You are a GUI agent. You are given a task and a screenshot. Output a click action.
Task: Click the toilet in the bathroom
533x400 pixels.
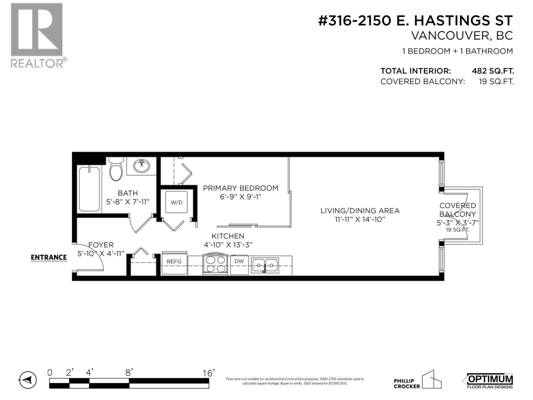pos(116,170)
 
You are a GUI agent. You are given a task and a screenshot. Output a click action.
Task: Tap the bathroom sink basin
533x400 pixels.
pos(142,166)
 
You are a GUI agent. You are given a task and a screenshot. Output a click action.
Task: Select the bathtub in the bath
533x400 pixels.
pos(89,189)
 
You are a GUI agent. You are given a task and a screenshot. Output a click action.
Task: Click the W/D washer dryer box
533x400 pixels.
pos(177,202)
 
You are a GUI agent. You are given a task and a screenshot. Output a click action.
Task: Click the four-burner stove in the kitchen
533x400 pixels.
pos(215,264)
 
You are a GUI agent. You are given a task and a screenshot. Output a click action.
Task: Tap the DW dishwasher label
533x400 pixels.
pos(239,261)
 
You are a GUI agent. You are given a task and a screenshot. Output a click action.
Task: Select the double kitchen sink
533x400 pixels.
pos(265,265)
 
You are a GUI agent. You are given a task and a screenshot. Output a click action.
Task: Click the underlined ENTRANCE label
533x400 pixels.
pos(49,257)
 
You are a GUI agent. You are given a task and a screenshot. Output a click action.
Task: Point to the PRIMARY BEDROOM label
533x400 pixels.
pos(241,188)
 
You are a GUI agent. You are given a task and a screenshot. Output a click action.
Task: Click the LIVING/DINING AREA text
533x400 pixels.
pos(360,211)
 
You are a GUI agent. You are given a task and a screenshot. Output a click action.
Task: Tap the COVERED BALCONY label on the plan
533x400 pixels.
pos(457,210)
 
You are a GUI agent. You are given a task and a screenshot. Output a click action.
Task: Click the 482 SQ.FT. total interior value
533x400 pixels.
pos(493,71)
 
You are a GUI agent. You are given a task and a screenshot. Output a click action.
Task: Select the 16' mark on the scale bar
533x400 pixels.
pos(209,373)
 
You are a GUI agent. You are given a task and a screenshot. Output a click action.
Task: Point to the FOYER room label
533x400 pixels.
pos(101,245)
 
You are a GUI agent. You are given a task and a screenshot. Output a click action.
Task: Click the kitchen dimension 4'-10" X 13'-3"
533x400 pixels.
pos(228,245)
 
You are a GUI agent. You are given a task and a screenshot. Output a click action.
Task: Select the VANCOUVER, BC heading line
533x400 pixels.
pos(462,36)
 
